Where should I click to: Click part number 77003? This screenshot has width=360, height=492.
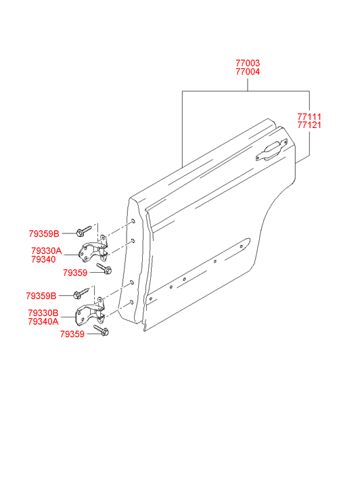pos(248,63)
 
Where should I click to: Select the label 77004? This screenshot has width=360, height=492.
pos(248,72)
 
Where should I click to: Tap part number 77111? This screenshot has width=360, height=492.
pos(309,116)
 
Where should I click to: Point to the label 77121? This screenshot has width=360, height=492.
pos(309,125)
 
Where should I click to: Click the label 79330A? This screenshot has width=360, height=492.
pos(47,251)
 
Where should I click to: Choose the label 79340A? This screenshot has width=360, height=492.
pos(43,321)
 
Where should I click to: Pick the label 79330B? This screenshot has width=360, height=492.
pos(43,313)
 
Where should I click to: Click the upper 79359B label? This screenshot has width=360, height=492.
pos(44,233)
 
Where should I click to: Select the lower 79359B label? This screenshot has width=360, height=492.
pos(41,296)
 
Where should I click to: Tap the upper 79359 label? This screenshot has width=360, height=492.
pos(75,273)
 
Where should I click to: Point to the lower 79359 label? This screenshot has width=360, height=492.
pos(72,334)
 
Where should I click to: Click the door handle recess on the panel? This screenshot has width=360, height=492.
pos(271,150)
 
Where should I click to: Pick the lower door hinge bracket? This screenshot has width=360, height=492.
pos(91,311)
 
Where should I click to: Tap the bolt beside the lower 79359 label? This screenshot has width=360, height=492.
pos(102,330)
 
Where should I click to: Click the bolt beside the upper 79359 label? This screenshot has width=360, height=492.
pos(104,269)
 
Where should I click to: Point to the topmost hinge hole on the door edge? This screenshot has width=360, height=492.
pos(133,221)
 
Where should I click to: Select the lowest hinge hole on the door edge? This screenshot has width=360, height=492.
pos(131,303)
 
